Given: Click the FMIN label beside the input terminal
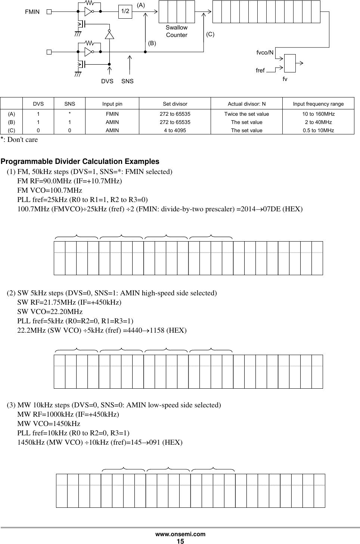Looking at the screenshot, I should click(x=32, y=12).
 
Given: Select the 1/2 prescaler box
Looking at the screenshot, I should click(x=125, y=12).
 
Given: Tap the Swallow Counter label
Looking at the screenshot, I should click(x=177, y=31).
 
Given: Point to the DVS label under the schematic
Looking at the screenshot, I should click(x=107, y=81).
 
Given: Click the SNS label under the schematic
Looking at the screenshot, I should click(x=127, y=81).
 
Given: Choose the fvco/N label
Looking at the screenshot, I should click(x=265, y=53).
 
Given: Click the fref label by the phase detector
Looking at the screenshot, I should click(x=260, y=70).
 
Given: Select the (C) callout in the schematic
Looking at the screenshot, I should click(x=210, y=34).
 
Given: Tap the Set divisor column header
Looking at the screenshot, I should click(x=175, y=104).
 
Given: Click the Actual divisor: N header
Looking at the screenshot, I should click(x=246, y=104).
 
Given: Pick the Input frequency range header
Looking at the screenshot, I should click(x=318, y=104).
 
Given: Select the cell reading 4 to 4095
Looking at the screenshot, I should click(x=175, y=130).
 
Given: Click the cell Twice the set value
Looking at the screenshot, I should click(x=246, y=114).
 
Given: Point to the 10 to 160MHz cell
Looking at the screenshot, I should click(x=318, y=114).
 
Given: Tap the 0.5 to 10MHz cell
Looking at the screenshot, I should click(x=318, y=130).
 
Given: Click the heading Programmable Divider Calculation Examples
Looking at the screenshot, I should click(x=80, y=162).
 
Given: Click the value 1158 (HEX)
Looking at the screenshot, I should click(x=168, y=330).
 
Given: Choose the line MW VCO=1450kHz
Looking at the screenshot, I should click(x=49, y=424).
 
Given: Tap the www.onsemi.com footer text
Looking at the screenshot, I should click(x=180, y=534).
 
